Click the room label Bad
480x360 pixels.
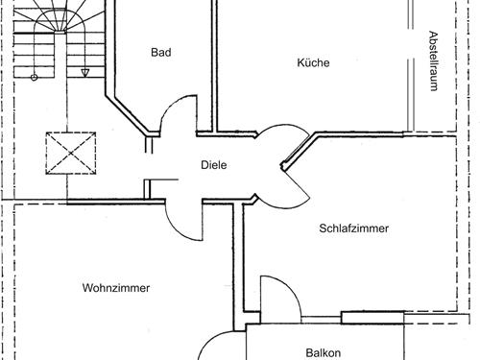(160, 53)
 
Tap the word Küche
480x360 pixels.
(313, 62)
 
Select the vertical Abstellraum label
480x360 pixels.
(433, 60)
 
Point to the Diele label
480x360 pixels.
(213, 165)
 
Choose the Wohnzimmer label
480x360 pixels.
(116, 287)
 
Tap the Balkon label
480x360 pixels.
(324, 352)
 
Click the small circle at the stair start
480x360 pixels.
(35, 76)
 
